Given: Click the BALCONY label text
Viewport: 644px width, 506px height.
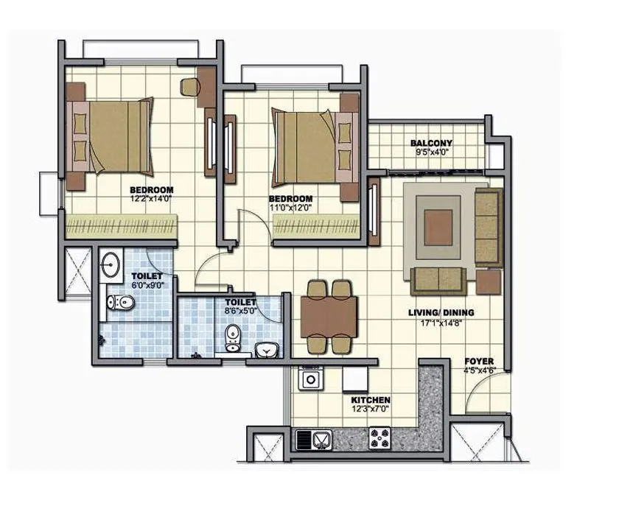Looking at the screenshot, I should click(x=431, y=143).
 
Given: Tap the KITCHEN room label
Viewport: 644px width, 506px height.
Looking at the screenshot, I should click(x=370, y=400).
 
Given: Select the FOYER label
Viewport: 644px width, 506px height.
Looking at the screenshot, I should click(x=479, y=362).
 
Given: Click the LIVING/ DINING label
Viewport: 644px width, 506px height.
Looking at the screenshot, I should click(x=441, y=312).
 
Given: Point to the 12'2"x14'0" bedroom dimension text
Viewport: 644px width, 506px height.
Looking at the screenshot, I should click(x=153, y=198).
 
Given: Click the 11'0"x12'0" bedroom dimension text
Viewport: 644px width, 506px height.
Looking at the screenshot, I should click(x=290, y=208).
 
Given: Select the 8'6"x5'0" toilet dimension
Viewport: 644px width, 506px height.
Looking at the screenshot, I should click(x=240, y=311).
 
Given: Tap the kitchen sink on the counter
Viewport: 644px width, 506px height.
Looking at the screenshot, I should click(x=315, y=440).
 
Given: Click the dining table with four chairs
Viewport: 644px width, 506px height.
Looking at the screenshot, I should click(x=329, y=315).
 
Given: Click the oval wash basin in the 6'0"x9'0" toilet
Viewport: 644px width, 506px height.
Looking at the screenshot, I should click(x=111, y=264).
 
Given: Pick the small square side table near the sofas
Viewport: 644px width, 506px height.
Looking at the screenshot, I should click(x=489, y=281).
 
